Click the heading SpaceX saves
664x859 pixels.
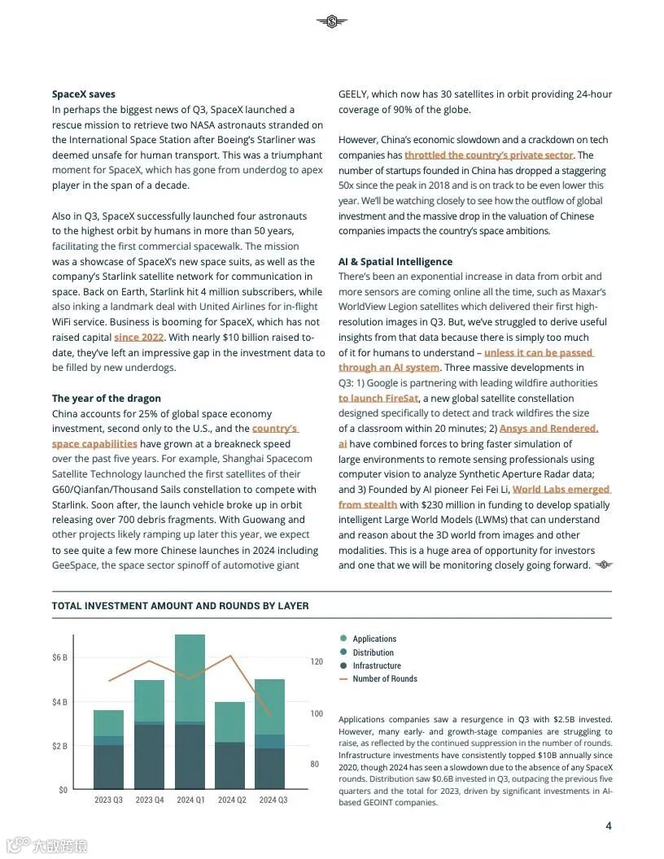pyautogui.click(x=84, y=94)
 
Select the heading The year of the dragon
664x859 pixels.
pyautogui.click(x=107, y=399)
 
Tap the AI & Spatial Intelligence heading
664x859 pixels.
pyautogui.click(x=395, y=262)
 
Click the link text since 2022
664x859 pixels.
pyautogui.click(x=138, y=338)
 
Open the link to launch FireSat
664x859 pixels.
pyautogui.click(x=378, y=399)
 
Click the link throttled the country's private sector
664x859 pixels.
pyautogui.click(x=488, y=155)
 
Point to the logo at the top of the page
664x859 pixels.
pyautogui.click(x=331, y=22)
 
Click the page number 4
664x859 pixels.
pyautogui.click(x=608, y=826)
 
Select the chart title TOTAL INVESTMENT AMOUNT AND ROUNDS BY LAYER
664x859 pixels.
pyautogui.click(x=180, y=606)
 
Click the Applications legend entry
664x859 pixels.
pyautogui.click(x=373, y=639)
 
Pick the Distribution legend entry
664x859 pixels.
pyautogui.click(x=372, y=652)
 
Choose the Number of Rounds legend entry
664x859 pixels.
pyautogui.click(x=383, y=678)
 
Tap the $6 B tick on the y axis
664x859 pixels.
pyautogui.click(x=60, y=657)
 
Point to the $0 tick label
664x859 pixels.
pyautogui.click(x=63, y=790)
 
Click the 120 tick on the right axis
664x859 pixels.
pyautogui.click(x=317, y=662)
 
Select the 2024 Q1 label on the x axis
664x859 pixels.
pyautogui.click(x=190, y=800)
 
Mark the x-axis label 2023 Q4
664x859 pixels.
pyautogui.click(x=150, y=800)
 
